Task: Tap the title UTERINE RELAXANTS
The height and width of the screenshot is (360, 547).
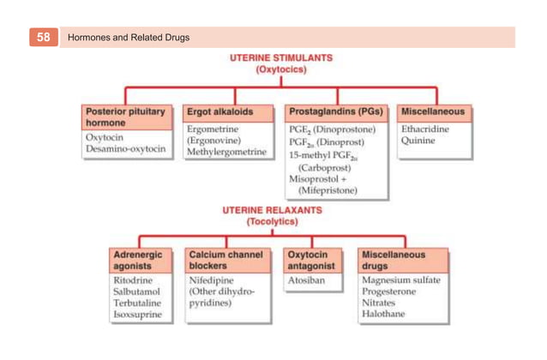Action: click(272, 209)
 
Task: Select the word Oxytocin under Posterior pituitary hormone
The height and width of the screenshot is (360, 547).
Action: click(104, 136)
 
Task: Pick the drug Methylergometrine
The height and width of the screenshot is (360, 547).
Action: click(226, 151)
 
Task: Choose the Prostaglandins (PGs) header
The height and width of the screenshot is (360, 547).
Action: click(335, 111)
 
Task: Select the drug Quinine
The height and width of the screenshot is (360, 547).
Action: click(418, 140)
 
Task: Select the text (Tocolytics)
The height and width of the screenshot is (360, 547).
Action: click(272, 221)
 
